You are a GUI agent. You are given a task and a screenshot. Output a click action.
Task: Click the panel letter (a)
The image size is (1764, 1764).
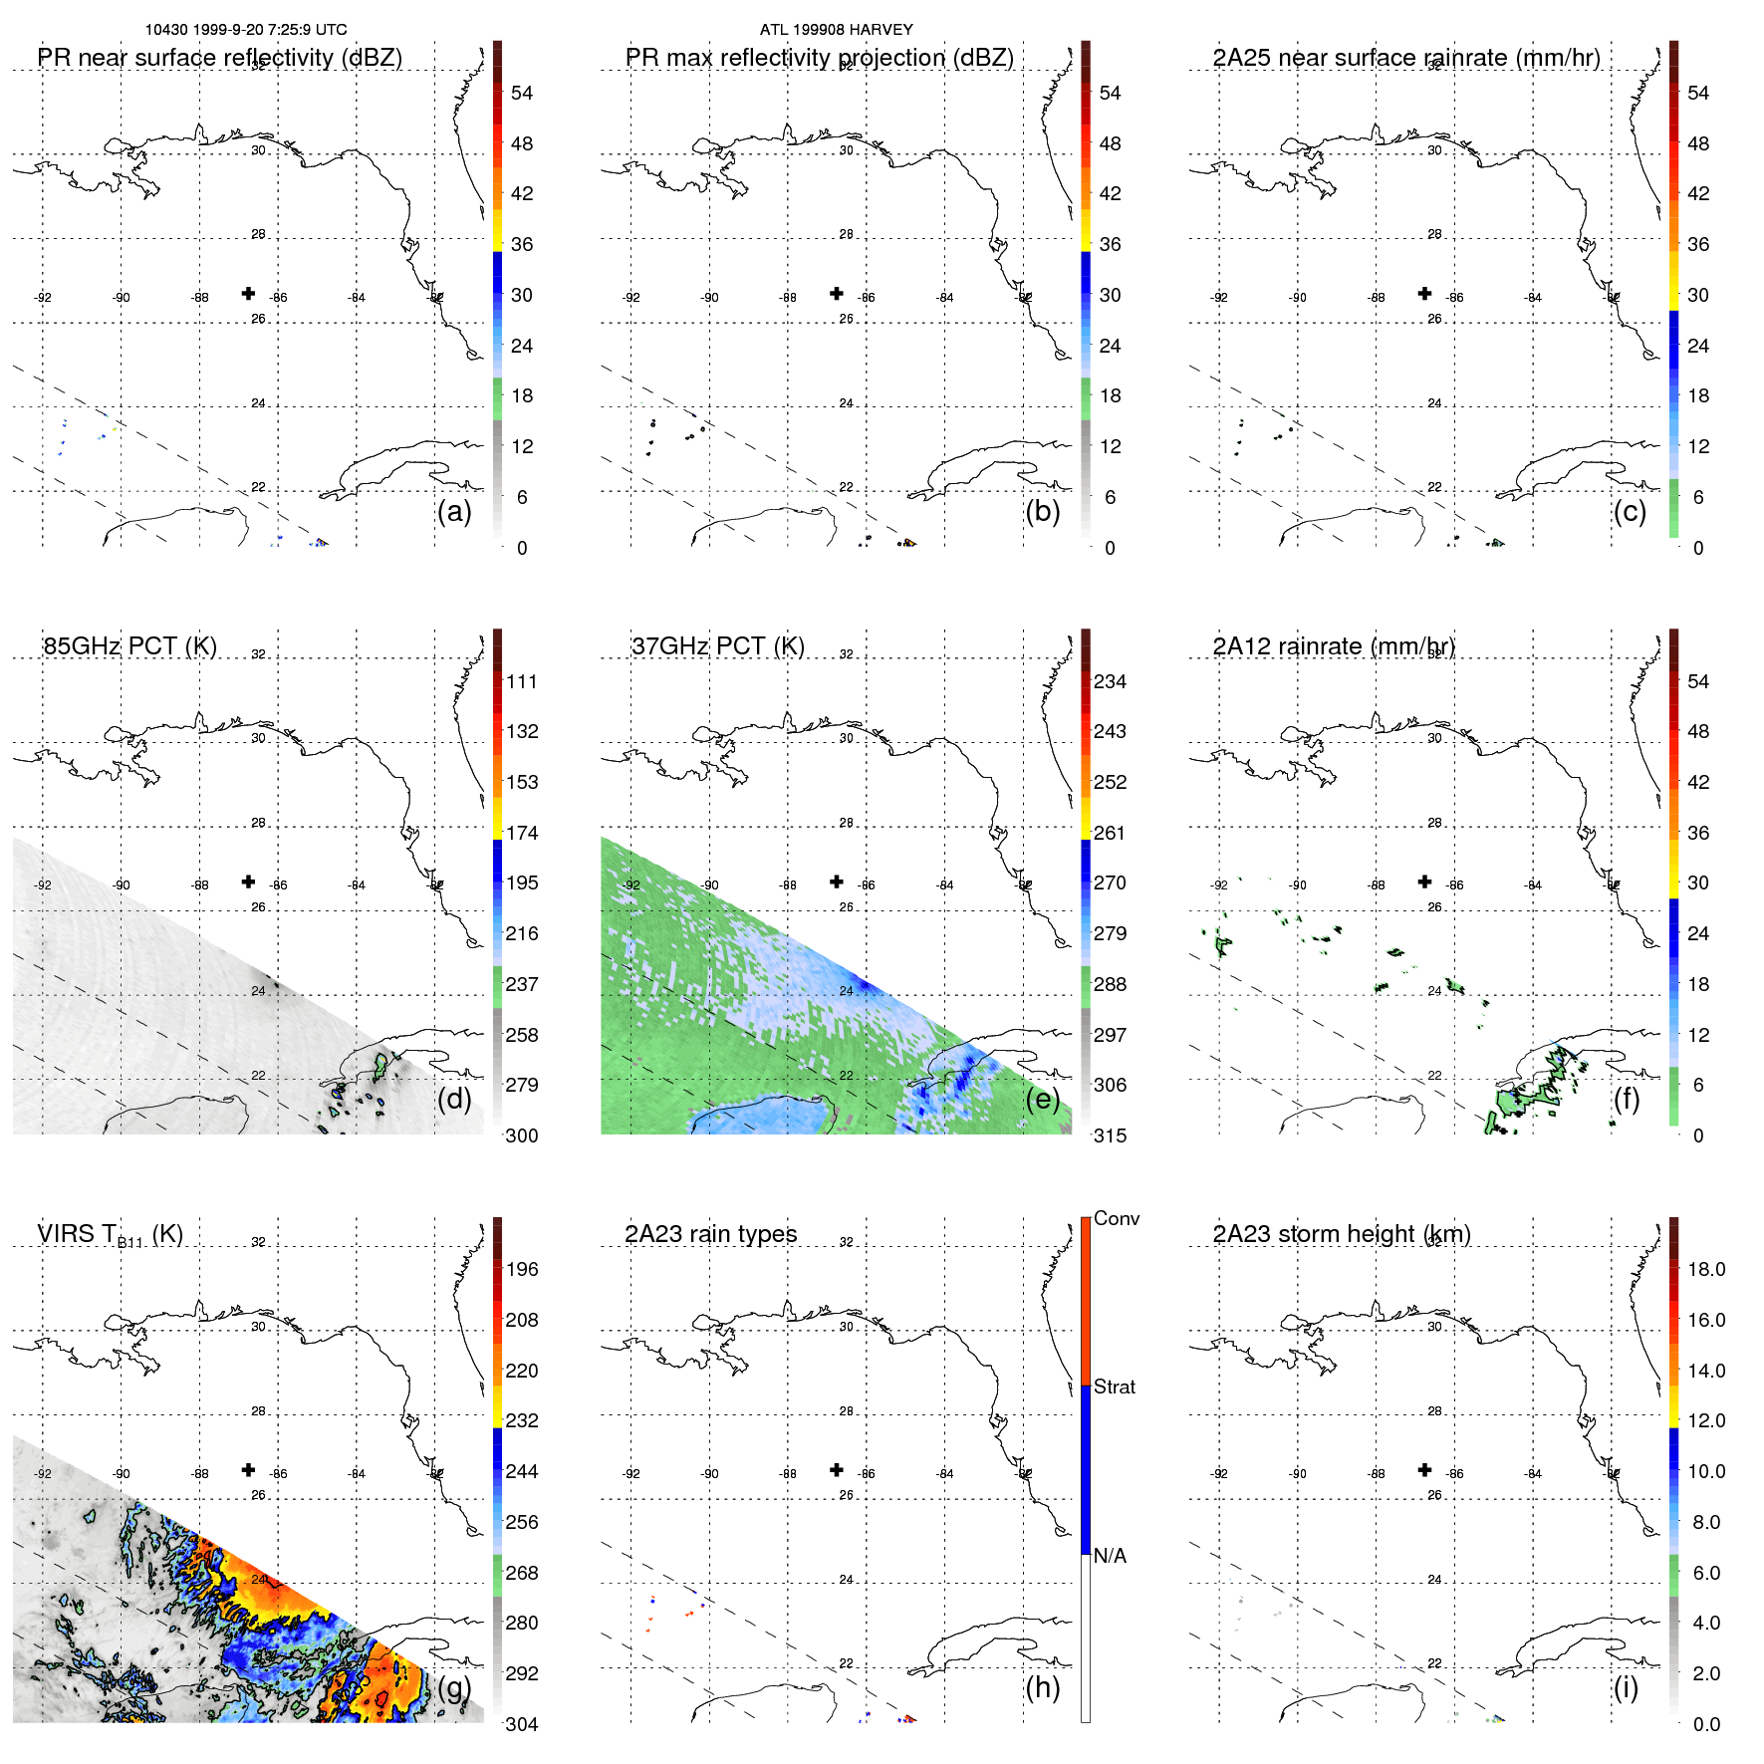click(x=454, y=511)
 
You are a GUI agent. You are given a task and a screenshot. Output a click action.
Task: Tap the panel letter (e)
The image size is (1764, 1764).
click(x=1042, y=1099)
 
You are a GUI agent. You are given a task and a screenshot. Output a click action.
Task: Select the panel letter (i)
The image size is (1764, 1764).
click(x=1626, y=1687)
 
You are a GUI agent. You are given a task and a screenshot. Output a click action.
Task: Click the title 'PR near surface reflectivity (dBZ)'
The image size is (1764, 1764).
click(x=219, y=58)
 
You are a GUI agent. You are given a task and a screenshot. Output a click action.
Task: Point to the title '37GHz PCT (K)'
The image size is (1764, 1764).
click(x=717, y=646)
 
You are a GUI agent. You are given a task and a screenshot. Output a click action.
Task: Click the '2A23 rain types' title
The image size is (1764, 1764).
click(x=710, y=1234)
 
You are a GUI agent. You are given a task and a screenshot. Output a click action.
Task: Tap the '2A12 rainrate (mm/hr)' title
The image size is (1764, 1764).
click(x=1334, y=646)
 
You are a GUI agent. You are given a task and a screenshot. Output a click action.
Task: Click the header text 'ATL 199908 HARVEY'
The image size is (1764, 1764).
click(x=836, y=30)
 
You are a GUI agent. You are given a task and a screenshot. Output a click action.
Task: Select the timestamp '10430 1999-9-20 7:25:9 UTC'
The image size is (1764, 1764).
click(x=246, y=30)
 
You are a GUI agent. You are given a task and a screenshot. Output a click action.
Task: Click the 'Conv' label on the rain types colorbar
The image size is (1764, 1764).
click(x=1116, y=1218)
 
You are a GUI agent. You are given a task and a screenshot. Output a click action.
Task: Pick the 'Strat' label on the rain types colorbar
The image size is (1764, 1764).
click(x=1114, y=1386)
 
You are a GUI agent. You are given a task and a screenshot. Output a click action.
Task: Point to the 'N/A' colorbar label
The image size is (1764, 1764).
click(x=1110, y=1556)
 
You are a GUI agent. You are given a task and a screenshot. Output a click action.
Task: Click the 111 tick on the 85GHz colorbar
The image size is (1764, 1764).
click(x=522, y=681)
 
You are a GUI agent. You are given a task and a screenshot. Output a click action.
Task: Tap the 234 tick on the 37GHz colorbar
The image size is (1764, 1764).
click(x=1110, y=681)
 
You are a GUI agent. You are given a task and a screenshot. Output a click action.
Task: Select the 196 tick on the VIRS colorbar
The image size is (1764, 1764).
click(x=522, y=1269)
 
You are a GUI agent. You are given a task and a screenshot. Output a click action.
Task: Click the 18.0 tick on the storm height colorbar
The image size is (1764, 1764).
click(x=1705, y=1269)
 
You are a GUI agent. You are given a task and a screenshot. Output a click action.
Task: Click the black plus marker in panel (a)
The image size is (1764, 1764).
click(x=248, y=293)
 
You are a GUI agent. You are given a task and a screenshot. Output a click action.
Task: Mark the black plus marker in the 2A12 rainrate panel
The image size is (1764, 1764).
click(x=1424, y=882)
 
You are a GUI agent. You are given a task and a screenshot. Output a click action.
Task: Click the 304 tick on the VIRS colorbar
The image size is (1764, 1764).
click(x=522, y=1724)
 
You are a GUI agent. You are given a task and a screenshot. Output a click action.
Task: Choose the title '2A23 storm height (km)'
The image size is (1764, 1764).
click(x=1341, y=1234)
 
